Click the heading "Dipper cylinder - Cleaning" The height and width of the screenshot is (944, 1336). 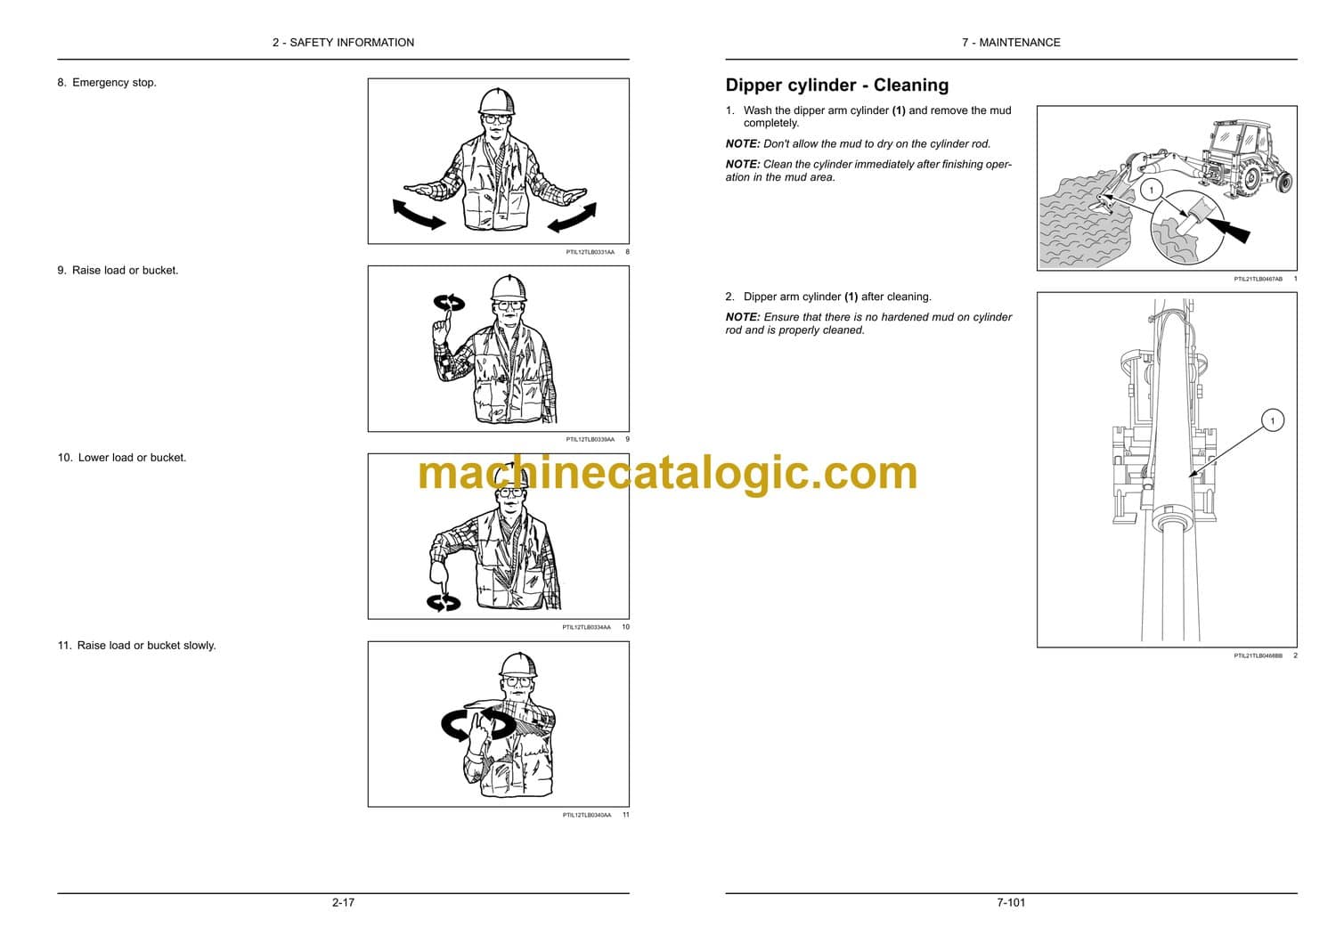point(837,85)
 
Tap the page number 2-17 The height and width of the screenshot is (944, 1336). point(343,903)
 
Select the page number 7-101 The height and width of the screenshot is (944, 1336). point(1011,903)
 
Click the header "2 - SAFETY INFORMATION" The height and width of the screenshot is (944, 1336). point(343,43)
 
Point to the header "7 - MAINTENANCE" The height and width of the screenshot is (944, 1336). point(1011,43)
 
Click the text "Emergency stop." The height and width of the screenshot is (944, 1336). point(115,83)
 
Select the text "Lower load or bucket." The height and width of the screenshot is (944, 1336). point(133,458)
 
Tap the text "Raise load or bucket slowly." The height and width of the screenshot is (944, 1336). point(147,646)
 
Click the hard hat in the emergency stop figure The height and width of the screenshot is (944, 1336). point(496,102)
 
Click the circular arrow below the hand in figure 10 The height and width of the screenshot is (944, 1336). point(444,603)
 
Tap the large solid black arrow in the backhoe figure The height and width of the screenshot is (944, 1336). point(1228,230)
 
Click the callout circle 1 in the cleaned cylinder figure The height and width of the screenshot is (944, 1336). point(1272,420)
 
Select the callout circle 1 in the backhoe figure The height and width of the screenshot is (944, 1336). point(1151,191)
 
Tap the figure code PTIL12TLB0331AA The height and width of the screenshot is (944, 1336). point(590,252)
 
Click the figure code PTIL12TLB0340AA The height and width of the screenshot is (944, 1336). point(587,815)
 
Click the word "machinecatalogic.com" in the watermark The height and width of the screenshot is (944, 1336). point(667,474)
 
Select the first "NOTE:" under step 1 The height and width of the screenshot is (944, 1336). point(743,144)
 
